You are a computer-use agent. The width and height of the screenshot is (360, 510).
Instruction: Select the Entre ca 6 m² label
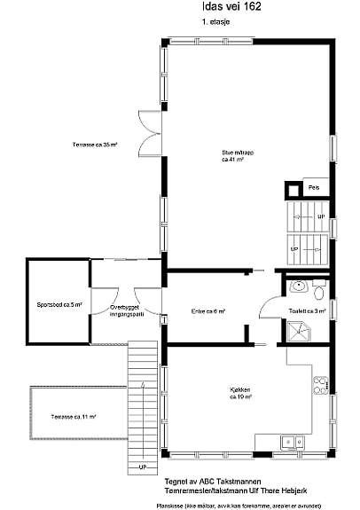[x=208, y=311]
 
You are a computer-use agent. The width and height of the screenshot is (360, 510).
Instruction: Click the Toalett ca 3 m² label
[x=307, y=311]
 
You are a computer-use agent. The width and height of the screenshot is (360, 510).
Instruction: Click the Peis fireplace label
[x=313, y=188]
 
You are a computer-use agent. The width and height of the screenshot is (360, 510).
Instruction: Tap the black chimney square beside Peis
[x=291, y=188]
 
